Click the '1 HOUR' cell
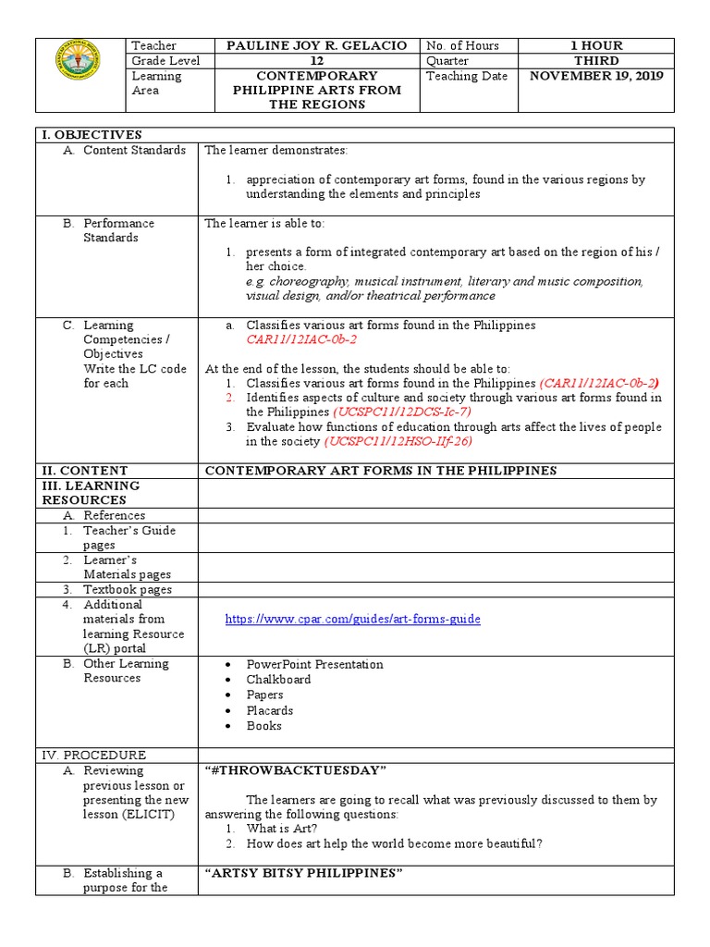click(597, 45)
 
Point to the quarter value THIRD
click(597, 61)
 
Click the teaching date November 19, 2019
click(597, 76)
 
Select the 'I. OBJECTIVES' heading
click(91, 135)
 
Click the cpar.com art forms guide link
click(353, 619)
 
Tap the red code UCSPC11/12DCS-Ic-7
click(401, 412)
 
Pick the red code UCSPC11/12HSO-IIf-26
click(398, 441)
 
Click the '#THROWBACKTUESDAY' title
click(295, 771)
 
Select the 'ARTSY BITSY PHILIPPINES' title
click(304, 874)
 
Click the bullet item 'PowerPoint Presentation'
click(314, 664)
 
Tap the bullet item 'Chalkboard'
click(278, 680)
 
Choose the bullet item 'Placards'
click(270, 710)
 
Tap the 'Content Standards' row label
click(134, 150)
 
